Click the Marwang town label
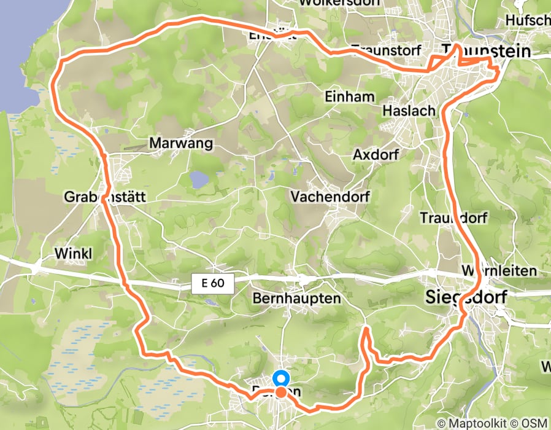pyautogui.click(x=181, y=144)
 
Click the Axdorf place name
pyautogui.click(x=377, y=155)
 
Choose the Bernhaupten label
pyautogui.click(x=296, y=299)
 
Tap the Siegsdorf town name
pyautogui.click(x=466, y=298)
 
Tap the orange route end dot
pyautogui.click(x=280, y=392)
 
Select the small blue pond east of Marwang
pyautogui.click(x=199, y=179)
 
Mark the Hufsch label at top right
pyautogui.click(x=528, y=21)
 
